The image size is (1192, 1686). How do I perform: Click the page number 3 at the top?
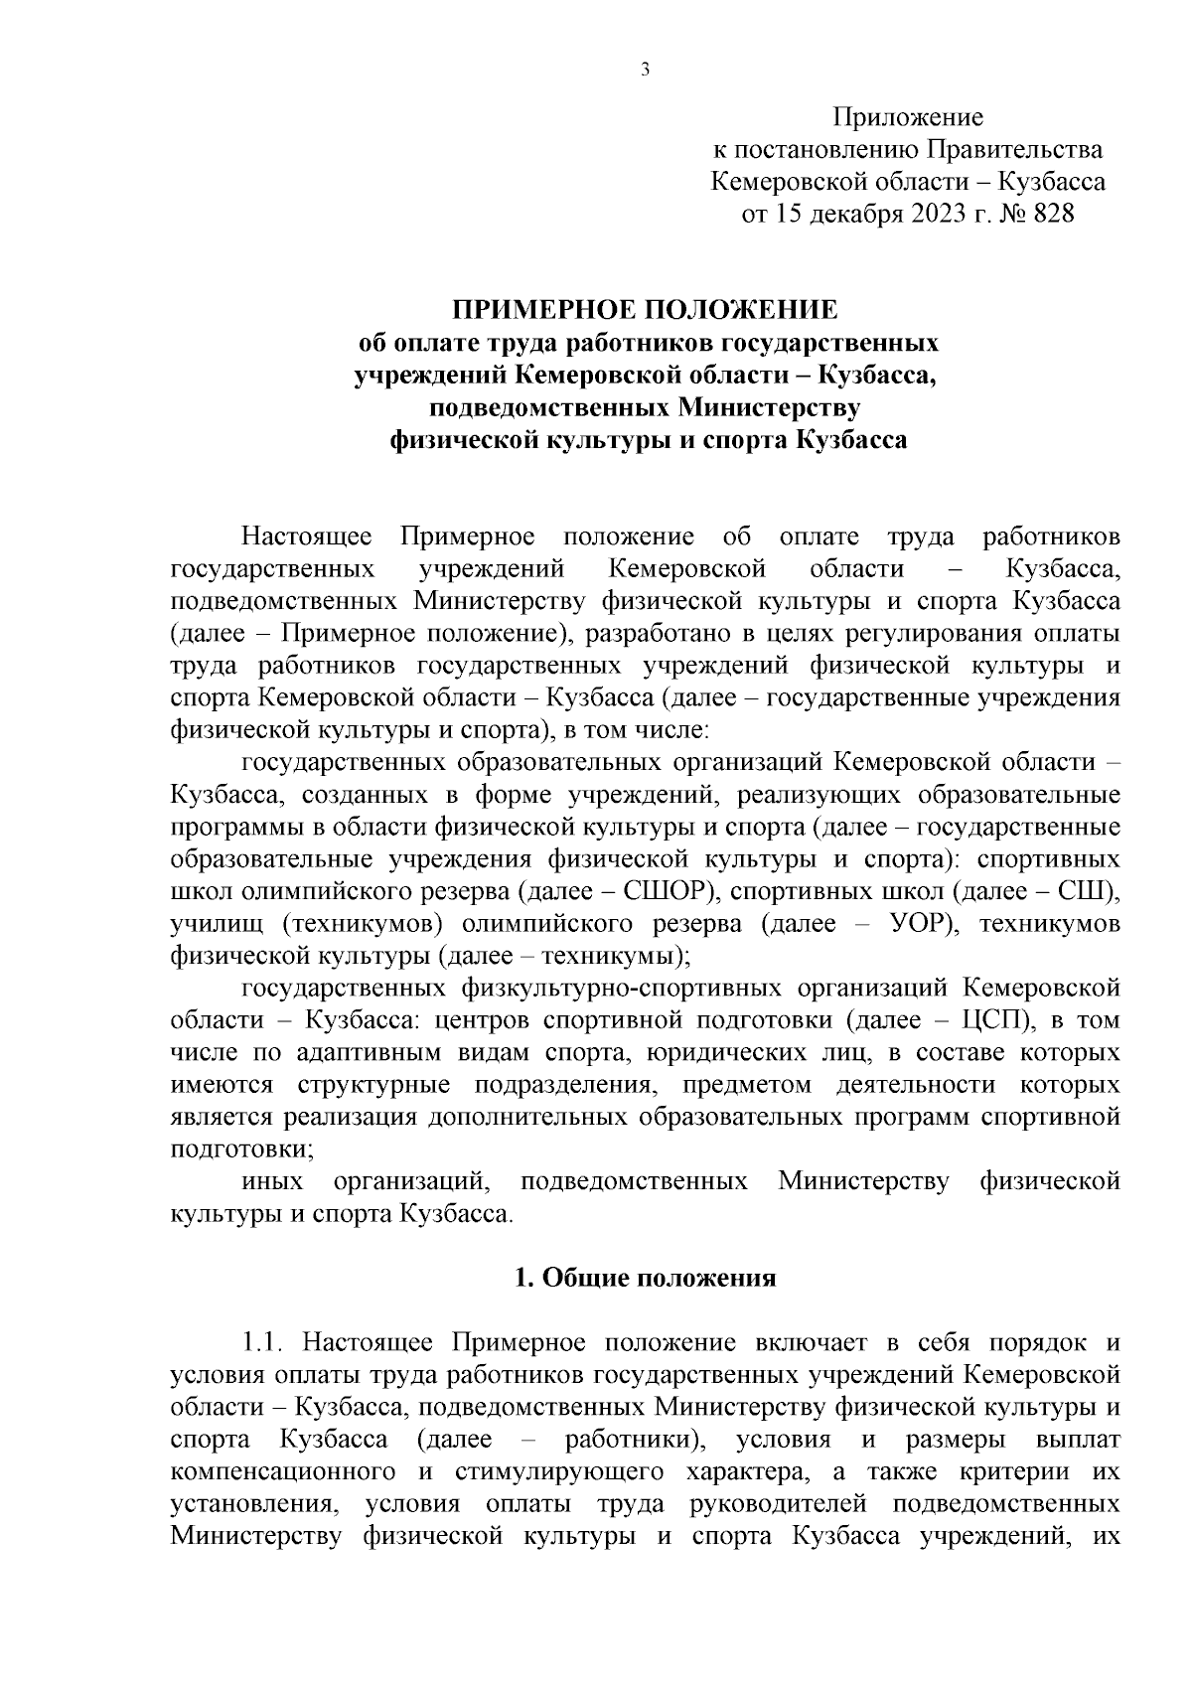(x=645, y=69)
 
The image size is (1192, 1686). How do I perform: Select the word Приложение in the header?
(x=908, y=118)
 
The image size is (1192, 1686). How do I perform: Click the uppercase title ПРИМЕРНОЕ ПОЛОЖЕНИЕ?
(x=646, y=310)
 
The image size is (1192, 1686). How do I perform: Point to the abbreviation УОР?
(x=911, y=924)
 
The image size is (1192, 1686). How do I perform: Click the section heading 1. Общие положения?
(x=645, y=1279)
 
